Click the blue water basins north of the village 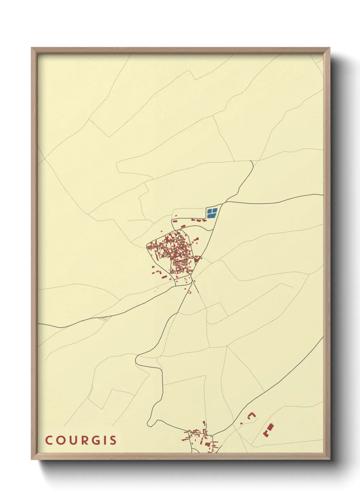(x=212, y=213)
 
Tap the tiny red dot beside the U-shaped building (x=241, y=423)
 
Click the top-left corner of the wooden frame (x=32, y=48)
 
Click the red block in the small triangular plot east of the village (x=197, y=259)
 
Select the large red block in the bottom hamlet (x=207, y=444)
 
